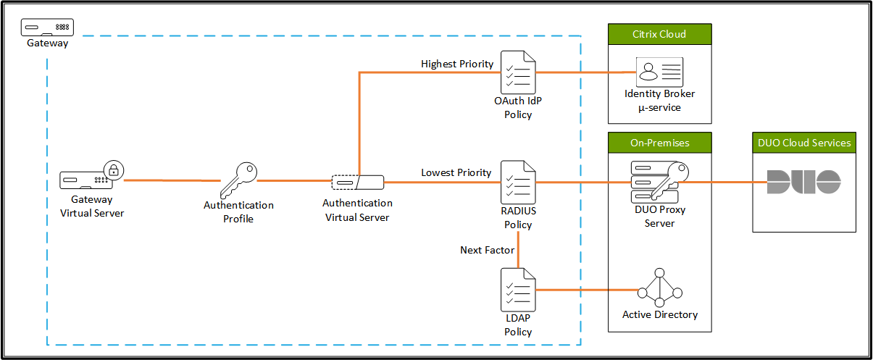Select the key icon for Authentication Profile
pyautogui.click(x=238, y=179)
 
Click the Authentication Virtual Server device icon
pyautogui.click(x=357, y=182)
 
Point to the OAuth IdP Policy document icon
pyautogui.click(x=519, y=72)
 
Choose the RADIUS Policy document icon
pyautogui.click(x=519, y=182)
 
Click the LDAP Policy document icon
pyautogui.click(x=519, y=290)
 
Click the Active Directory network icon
pyautogui.click(x=659, y=289)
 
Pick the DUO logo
pyautogui.click(x=803, y=182)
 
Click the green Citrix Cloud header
pyautogui.click(x=659, y=34)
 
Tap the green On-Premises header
pyautogui.click(x=659, y=143)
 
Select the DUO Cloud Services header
pyautogui.click(x=804, y=143)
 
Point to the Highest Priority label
pyautogui.click(x=457, y=64)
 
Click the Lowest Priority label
pyautogui.click(x=456, y=172)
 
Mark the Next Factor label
pyautogui.click(x=488, y=250)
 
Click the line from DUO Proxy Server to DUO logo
pyautogui.click(x=724, y=182)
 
